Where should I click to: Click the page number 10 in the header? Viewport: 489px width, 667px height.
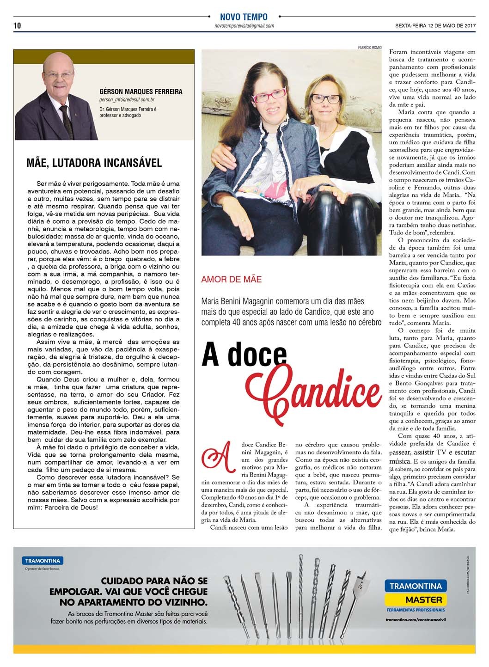(x=17, y=25)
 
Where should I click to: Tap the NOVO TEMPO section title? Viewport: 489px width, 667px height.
(x=244, y=17)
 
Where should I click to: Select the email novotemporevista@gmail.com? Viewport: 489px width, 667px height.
(x=244, y=26)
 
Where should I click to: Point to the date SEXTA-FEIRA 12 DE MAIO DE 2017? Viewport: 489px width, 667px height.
(x=435, y=26)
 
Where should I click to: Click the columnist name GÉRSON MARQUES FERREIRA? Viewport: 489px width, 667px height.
(x=141, y=92)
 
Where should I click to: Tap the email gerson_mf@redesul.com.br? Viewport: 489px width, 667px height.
(x=127, y=99)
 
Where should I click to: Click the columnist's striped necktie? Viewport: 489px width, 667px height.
(x=67, y=121)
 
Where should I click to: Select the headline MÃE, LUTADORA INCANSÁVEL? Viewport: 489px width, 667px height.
(x=94, y=163)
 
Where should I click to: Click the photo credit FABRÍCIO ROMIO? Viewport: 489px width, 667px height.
(x=370, y=47)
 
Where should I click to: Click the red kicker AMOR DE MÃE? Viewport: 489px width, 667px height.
(x=231, y=279)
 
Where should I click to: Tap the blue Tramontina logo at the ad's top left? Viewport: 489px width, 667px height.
(x=43, y=561)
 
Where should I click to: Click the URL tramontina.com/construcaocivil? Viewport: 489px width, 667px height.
(x=416, y=619)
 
